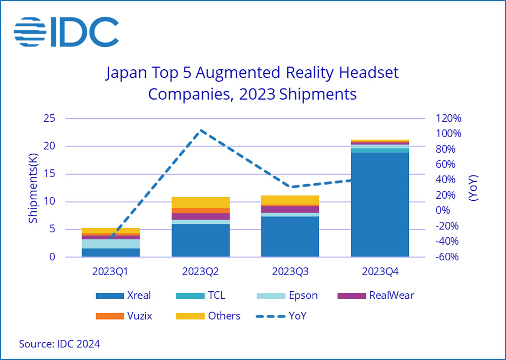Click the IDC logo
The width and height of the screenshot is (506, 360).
(66, 32)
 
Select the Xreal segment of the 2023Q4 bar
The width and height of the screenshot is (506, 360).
(379, 205)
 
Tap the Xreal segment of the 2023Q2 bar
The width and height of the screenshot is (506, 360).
(200, 241)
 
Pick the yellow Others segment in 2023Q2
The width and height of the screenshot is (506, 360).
(200, 202)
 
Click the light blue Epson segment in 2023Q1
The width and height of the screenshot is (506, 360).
(111, 244)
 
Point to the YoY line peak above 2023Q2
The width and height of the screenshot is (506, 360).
(201, 130)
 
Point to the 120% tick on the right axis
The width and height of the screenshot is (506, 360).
(448, 119)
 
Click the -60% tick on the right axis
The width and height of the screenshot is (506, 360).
(448, 257)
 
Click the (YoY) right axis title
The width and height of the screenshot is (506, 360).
(473, 188)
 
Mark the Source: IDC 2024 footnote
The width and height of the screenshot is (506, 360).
(60, 344)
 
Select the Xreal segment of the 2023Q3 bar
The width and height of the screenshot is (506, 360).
(290, 237)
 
